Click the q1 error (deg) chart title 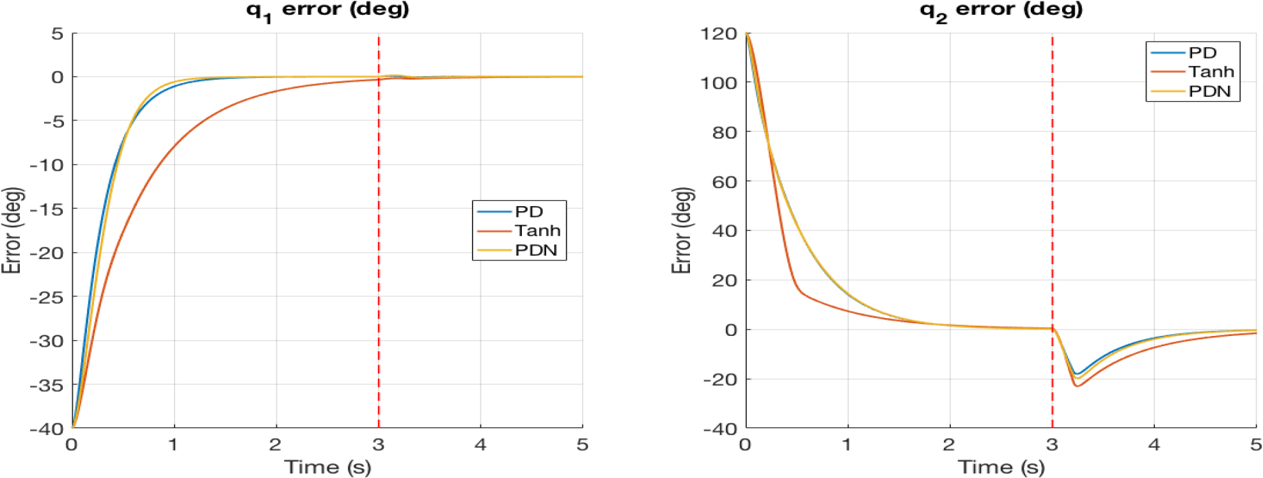tap(327, 10)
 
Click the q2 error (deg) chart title tap(1001, 10)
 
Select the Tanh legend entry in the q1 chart tap(537, 230)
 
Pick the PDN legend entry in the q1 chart tap(536, 250)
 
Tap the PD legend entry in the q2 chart tap(1202, 52)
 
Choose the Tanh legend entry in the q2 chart tap(1211, 72)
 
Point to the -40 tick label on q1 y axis tap(47, 429)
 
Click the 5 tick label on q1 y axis tap(58, 33)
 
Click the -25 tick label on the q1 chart tap(47, 297)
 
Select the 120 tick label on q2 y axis tap(719, 33)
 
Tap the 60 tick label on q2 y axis tap(725, 182)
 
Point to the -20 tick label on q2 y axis tap(720, 379)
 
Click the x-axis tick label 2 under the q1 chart tap(276, 444)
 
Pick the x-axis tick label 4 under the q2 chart tap(1154, 444)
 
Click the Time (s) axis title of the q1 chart tap(327, 466)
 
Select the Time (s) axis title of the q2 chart tap(1001, 466)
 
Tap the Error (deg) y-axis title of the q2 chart tap(682, 230)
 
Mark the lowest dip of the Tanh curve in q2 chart tap(1077, 386)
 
